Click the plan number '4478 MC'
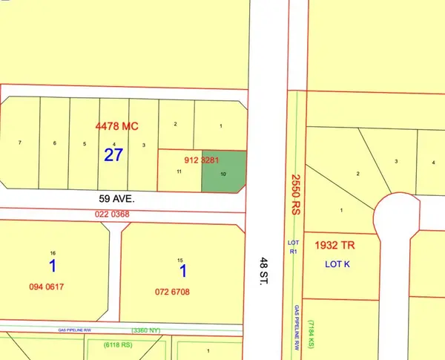118,125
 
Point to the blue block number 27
113,155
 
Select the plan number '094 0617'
51,292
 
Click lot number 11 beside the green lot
179,171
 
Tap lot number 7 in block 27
20,143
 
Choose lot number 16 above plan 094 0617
53,252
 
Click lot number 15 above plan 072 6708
179,259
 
